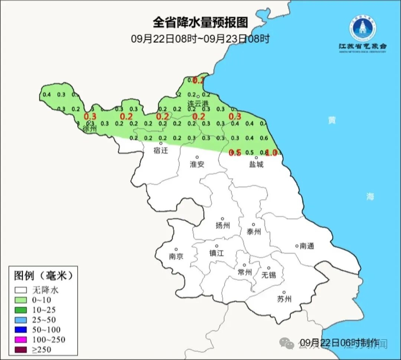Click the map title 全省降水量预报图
click(200, 23)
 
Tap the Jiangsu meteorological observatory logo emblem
click(362, 28)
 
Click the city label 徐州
click(90, 129)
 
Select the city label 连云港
click(198, 104)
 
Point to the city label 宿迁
click(161, 150)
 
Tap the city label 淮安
click(197, 164)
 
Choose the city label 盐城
click(256, 164)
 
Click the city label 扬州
click(223, 225)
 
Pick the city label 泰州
click(254, 232)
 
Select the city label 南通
click(307, 246)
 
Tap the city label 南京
click(176, 256)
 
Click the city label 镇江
click(216, 253)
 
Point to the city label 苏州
click(284, 299)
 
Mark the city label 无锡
click(268, 275)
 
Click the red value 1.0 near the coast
click(271, 152)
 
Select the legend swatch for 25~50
click(21, 320)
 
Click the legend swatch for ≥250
click(21, 349)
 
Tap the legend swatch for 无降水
click(21, 290)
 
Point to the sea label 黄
click(332, 120)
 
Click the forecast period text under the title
click(200, 38)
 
